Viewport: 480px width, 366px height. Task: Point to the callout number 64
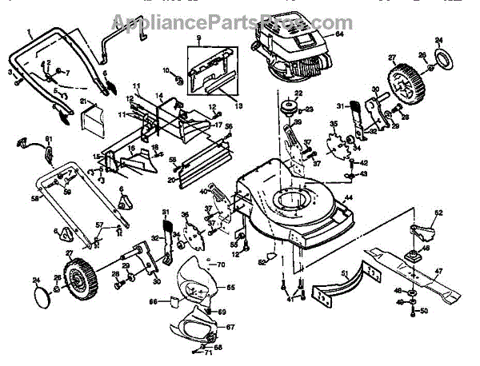coord(339,34)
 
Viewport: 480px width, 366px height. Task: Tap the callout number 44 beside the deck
coord(349,197)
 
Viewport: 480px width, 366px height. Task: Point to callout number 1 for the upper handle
coord(30,34)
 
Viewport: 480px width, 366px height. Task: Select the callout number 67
coord(230,328)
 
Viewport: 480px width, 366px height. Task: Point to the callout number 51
coord(346,274)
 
